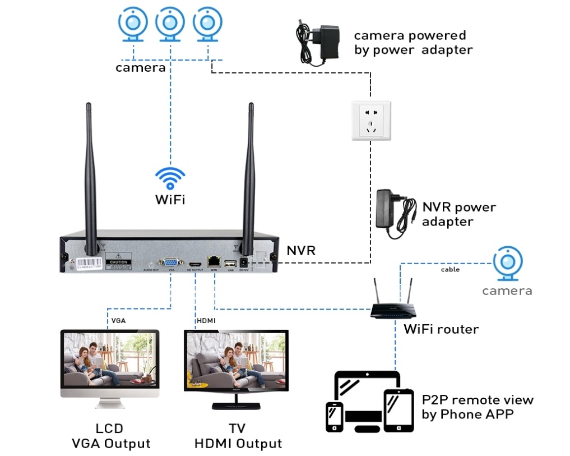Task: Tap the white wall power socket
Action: click(x=370, y=120)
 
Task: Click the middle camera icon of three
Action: click(x=170, y=24)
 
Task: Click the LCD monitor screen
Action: click(x=109, y=360)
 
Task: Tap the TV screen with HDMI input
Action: click(x=236, y=360)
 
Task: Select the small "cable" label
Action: click(x=450, y=270)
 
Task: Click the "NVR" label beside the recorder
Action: click(x=301, y=251)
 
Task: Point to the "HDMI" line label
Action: click(x=206, y=321)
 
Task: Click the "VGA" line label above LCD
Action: click(x=118, y=321)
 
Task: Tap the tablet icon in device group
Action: click(x=398, y=409)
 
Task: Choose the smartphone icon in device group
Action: click(x=335, y=416)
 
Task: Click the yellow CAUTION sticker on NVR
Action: click(x=119, y=262)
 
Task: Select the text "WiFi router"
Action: click(x=441, y=329)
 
